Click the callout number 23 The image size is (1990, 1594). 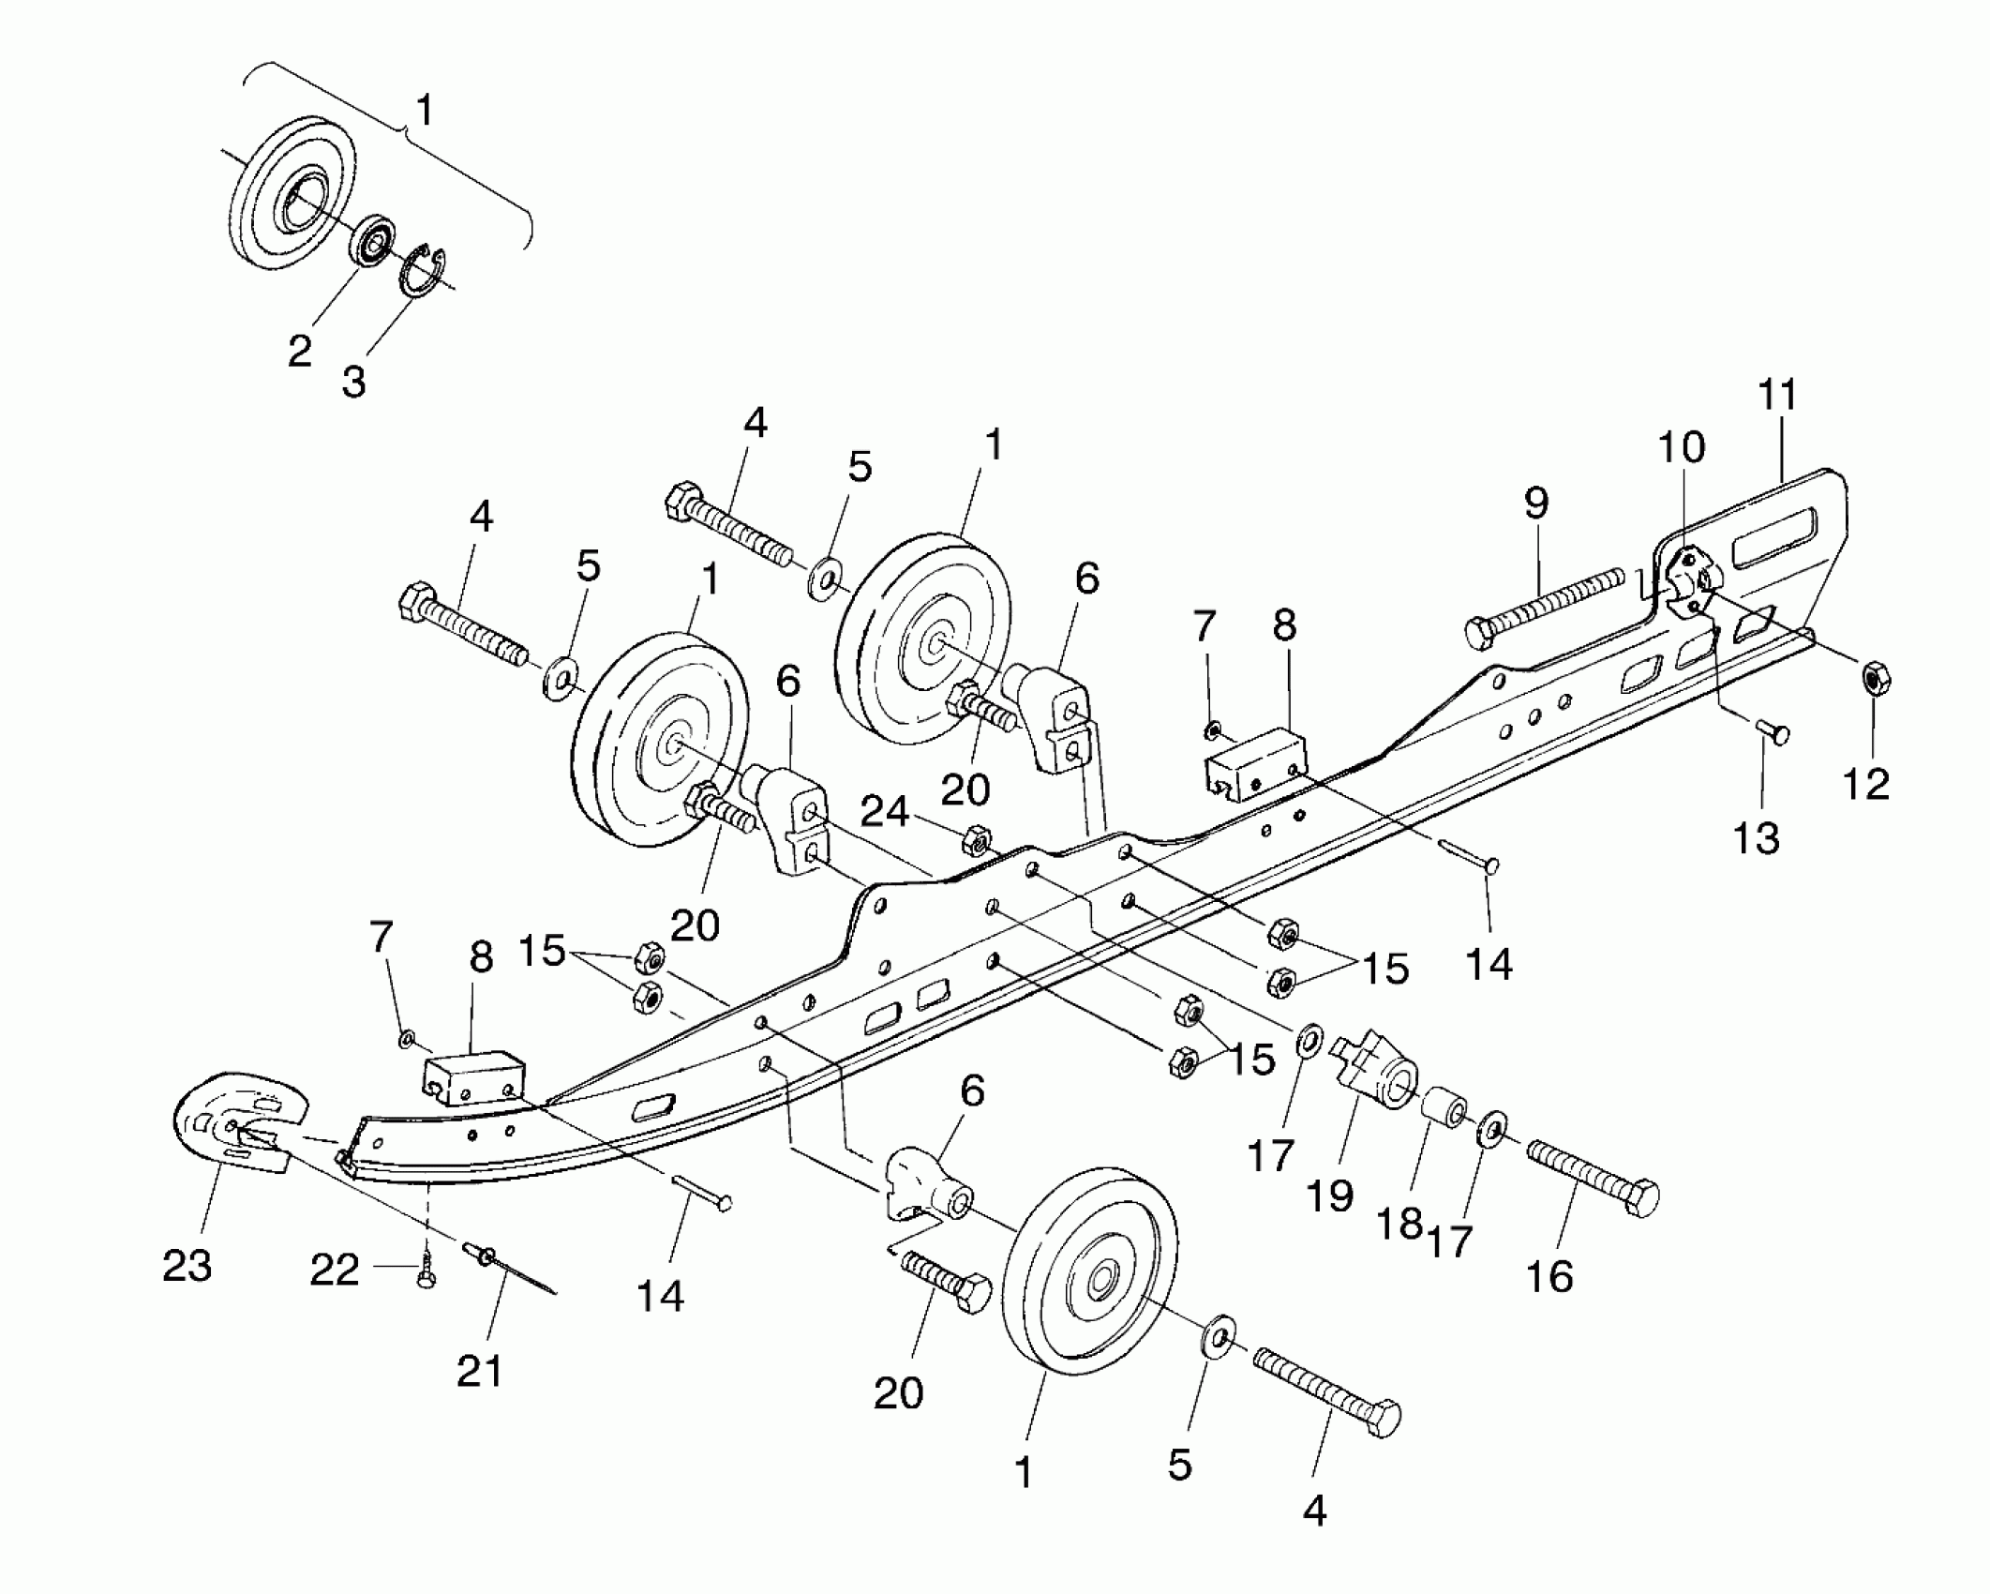point(187,1267)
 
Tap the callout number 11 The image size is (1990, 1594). point(1777,396)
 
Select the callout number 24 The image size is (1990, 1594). point(885,811)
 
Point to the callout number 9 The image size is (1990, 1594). point(1536,504)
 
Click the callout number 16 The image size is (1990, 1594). point(1549,1276)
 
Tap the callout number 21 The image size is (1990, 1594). point(480,1371)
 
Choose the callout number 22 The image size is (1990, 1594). point(335,1271)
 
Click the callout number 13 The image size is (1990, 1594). point(1757,838)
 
